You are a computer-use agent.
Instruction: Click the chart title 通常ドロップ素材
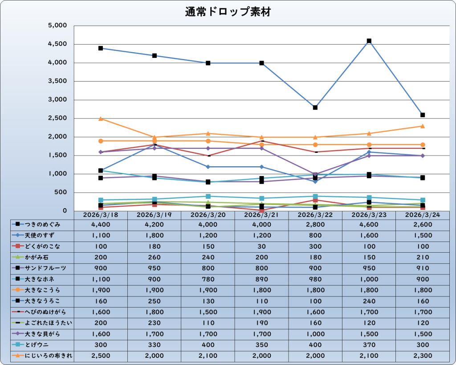(x=228, y=12)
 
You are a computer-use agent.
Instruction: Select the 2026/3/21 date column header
(x=262, y=215)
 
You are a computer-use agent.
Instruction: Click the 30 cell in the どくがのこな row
(x=262, y=246)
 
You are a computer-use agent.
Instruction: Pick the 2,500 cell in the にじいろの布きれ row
(x=101, y=356)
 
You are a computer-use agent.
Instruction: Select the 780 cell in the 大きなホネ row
(x=208, y=279)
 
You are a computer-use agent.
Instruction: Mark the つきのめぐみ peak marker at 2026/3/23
(x=369, y=41)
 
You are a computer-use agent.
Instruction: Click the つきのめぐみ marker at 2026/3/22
(x=315, y=107)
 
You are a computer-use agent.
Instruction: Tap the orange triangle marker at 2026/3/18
(x=101, y=119)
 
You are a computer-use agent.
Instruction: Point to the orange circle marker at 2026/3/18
(x=101, y=141)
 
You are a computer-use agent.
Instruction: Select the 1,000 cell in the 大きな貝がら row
(x=315, y=334)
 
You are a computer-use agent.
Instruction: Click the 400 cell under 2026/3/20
(x=208, y=344)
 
